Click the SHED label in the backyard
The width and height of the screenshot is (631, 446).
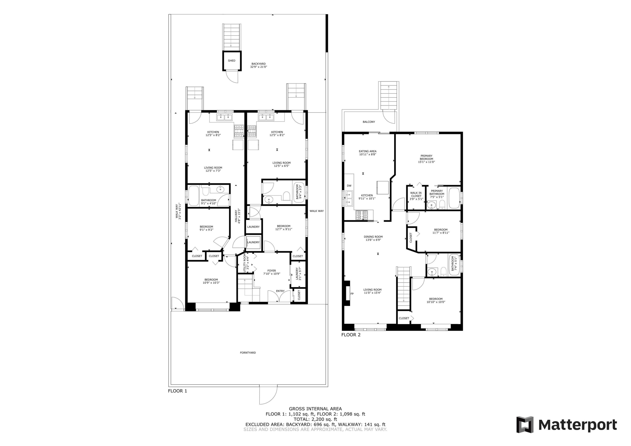[232, 61]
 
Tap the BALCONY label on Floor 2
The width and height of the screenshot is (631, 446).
[369, 122]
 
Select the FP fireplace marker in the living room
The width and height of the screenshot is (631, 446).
[352, 294]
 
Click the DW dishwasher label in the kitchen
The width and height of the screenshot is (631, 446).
[349, 186]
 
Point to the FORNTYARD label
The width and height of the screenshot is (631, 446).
[248, 353]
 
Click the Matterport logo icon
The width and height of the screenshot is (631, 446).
[525, 425]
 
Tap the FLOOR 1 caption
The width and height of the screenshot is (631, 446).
[178, 391]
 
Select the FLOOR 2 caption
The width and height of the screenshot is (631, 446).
[351, 335]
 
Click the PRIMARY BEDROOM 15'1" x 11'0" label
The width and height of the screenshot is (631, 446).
[426, 159]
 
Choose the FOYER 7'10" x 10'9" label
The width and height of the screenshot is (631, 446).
[272, 272]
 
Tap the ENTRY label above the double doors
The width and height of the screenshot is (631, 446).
[280, 291]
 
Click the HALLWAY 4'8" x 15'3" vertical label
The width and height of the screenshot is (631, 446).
[237, 217]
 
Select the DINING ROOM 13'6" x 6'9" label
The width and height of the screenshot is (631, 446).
[373, 238]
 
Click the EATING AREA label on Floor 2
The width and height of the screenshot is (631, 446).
[367, 153]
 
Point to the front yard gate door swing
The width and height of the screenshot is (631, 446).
[268, 395]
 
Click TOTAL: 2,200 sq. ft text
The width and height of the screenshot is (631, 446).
[315, 419]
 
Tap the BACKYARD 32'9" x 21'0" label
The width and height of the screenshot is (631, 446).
[258, 65]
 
